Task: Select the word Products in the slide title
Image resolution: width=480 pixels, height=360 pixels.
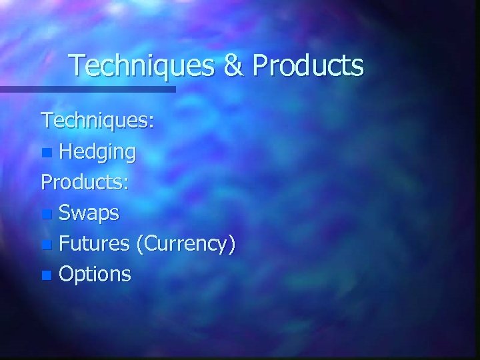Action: click(309, 66)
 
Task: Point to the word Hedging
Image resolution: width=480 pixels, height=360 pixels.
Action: click(97, 153)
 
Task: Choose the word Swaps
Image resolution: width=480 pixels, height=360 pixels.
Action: click(89, 213)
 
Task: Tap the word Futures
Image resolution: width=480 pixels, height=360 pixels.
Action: click(94, 243)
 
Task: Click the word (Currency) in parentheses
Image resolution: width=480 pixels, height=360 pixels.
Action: click(185, 244)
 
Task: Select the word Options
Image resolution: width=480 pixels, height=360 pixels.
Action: click(95, 274)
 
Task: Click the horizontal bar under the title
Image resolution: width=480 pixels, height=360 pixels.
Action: click(87, 89)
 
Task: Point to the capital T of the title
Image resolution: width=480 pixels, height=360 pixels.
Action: click(78, 65)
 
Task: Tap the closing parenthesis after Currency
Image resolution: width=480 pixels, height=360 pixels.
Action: click(232, 245)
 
